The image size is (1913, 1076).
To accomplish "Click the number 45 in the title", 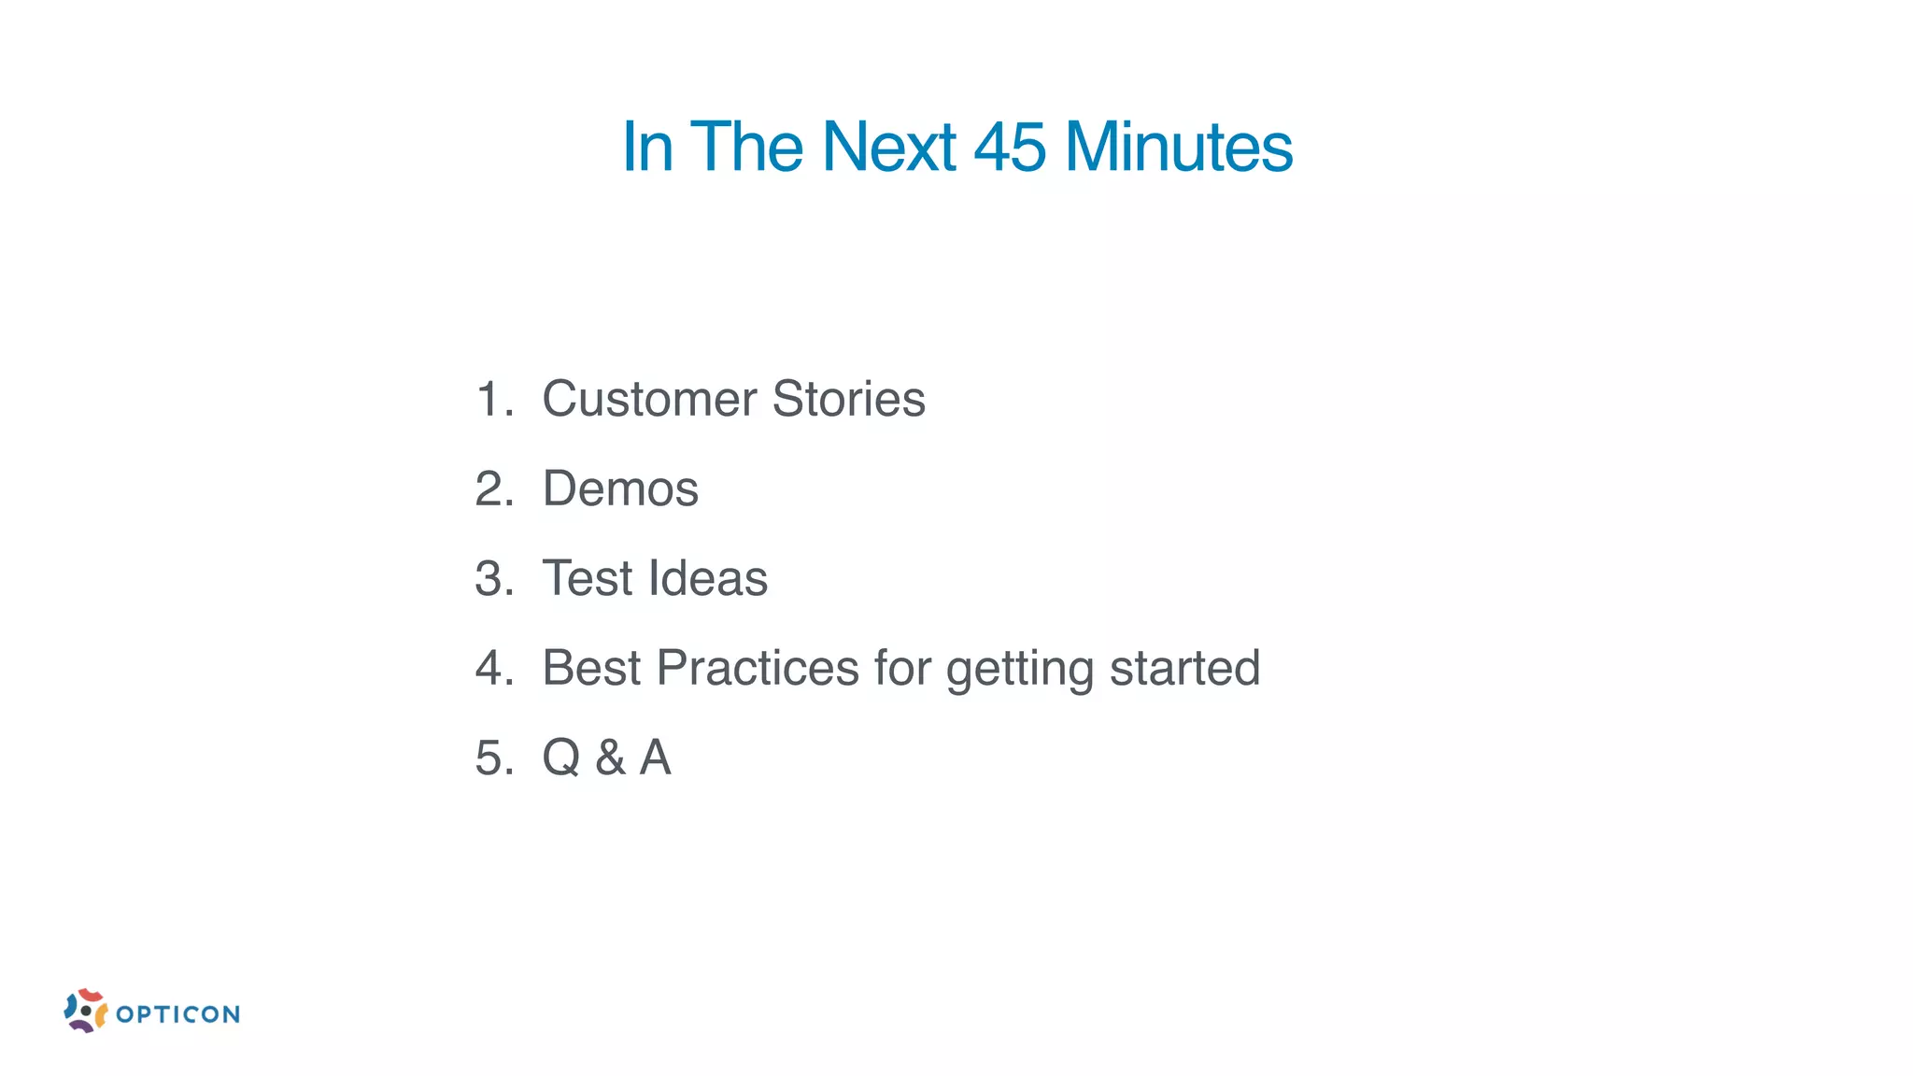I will tap(1010, 148).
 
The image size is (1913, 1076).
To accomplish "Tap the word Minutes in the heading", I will tap(1179, 148).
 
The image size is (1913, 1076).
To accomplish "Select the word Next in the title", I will tap(888, 148).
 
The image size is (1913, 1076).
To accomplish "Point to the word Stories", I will tap(848, 400).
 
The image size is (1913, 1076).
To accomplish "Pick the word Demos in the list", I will tap(620, 488).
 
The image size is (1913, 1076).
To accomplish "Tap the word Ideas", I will tap(707, 578).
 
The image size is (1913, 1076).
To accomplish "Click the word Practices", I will tap(758, 668).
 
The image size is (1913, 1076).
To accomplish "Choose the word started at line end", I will tap(1184, 668).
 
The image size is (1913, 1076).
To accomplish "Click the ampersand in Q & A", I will tap(610, 757).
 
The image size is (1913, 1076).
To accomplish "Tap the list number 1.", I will tap(491, 400).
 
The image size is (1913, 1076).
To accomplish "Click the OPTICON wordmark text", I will tap(178, 1014).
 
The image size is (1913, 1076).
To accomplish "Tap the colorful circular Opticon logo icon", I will tap(85, 1011).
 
